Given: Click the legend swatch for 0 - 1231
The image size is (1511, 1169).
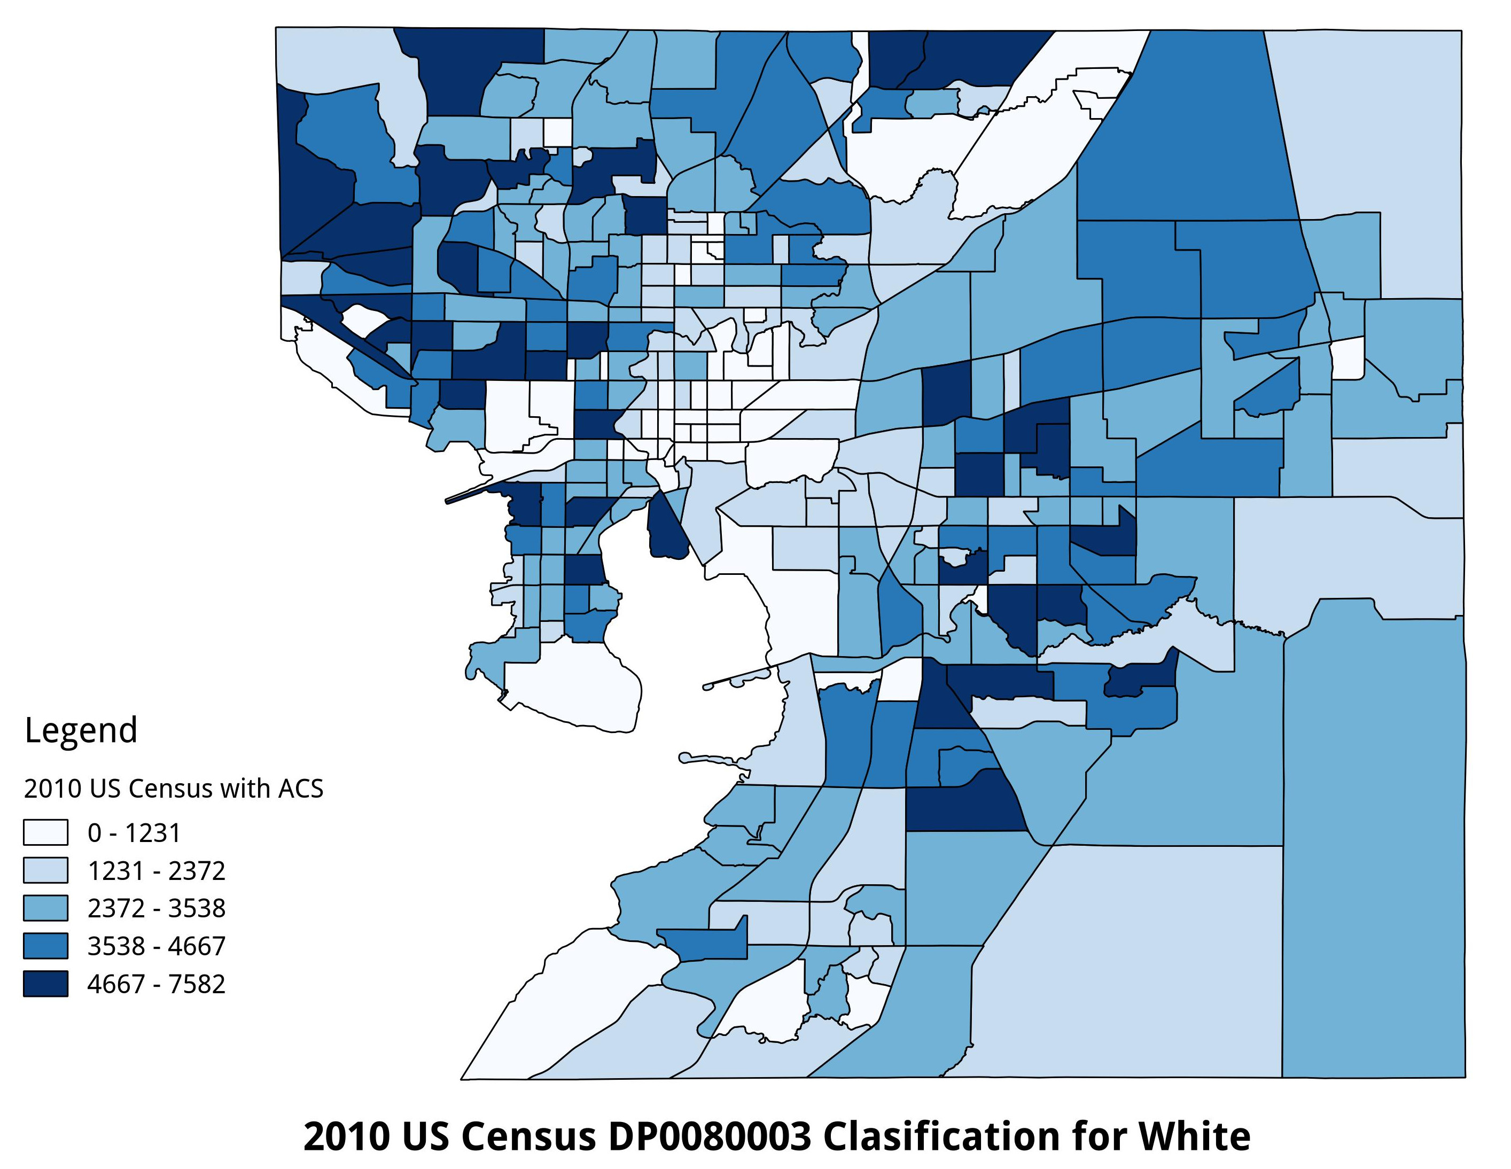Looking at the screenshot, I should click(45, 832).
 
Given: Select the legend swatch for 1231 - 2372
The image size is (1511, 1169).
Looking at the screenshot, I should click(45, 870).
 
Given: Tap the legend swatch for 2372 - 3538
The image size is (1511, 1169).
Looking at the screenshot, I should click(45, 908).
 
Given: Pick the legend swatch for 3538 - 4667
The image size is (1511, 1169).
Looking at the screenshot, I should click(45, 946).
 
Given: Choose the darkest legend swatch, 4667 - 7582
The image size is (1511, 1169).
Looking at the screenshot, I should click(45, 983).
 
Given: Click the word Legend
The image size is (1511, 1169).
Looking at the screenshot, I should click(81, 730).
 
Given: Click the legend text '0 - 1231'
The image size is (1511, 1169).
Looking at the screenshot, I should click(134, 833).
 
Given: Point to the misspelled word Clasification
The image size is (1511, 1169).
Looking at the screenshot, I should click(943, 1136).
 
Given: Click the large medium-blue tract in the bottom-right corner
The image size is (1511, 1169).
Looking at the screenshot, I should click(1373, 864).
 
